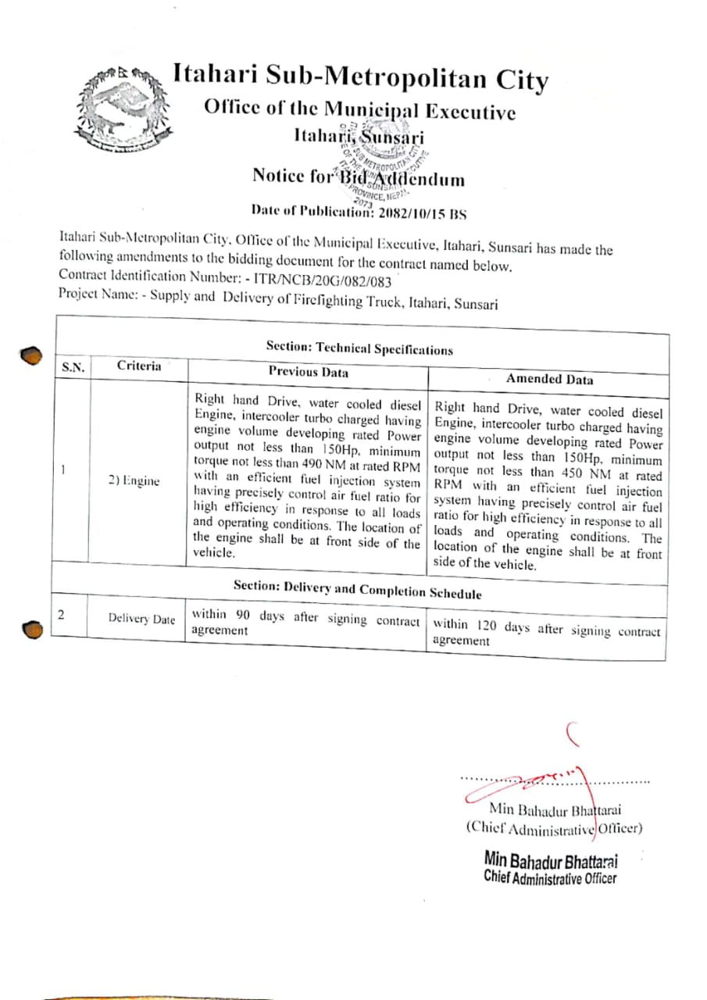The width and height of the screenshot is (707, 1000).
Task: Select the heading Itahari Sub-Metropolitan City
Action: click(360, 78)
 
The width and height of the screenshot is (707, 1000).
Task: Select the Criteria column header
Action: click(139, 366)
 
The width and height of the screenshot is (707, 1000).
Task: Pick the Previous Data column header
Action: click(309, 372)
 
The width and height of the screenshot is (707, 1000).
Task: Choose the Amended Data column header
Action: click(549, 379)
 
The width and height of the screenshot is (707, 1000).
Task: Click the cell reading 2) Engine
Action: click(134, 480)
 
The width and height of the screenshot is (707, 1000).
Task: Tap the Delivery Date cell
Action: click(141, 620)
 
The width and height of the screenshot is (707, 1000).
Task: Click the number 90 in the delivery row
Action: click(242, 616)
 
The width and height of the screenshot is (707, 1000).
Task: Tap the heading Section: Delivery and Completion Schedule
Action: click(357, 589)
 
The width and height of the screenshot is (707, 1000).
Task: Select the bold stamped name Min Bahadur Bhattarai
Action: click(551, 861)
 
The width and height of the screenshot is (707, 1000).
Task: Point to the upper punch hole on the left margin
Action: click(30, 356)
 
